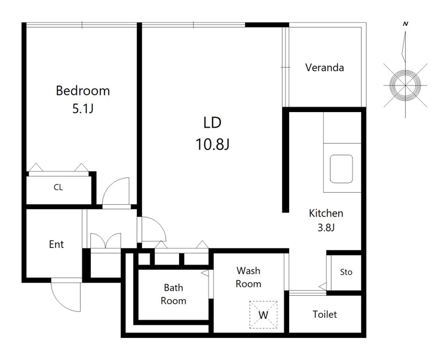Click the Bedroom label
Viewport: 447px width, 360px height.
coord(82,91)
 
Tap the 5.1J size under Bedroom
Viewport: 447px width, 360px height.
coord(82,109)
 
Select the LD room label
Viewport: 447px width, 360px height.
coord(212,123)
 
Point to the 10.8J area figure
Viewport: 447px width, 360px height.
coord(212,144)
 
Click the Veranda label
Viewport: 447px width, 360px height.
coord(324,67)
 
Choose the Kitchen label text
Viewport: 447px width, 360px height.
coord(326,213)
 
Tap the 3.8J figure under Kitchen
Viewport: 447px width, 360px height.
coord(326,228)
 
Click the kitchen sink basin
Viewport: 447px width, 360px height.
coord(341,169)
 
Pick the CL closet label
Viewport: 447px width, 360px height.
coord(58,187)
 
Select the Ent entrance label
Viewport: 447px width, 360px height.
coord(56,245)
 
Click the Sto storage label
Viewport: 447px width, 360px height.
coord(346,272)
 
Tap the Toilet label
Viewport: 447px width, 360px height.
coord(325,315)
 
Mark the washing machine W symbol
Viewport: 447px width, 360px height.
coord(263,315)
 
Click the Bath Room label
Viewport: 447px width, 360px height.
coord(173,294)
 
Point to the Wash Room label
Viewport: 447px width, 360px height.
coord(248,277)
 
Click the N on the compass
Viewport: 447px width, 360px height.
coord(405,24)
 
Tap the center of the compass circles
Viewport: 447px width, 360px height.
coord(405,85)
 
